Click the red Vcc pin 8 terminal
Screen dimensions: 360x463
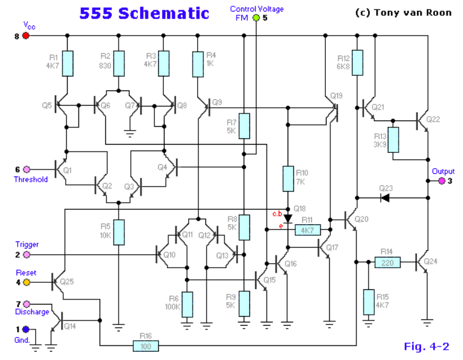pyautogui.click(x=26, y=36)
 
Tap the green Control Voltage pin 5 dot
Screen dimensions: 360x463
pyautogui.click(x=256, y=18)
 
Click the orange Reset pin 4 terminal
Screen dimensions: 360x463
pyautogui.click(x=26, y=282)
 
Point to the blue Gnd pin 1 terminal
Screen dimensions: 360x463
pyautogui.click(x=26, y=329)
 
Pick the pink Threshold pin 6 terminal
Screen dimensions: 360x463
pyautogui.click(x=26, y=169)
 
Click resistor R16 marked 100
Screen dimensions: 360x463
pyautogui.click(x=146, y=345)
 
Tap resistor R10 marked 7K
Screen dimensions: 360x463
pyautogui.click(x=287, y=177)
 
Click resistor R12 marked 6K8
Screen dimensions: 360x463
pyautogui.click(x=358, y=62)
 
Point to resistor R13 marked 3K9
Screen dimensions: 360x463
pyautogui.click(x=393, y=140)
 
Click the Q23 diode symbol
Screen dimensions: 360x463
pyautogui.click(x=385, y=198)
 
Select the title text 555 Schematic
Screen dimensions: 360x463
pyautogui.click(x=144, y=13)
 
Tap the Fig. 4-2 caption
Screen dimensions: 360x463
pyautogui.click(x=427, y=347)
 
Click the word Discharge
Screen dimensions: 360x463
pyautogui.click(x=31, y=312)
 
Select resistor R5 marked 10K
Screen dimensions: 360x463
pyautogui.click(x=119, y=231)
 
